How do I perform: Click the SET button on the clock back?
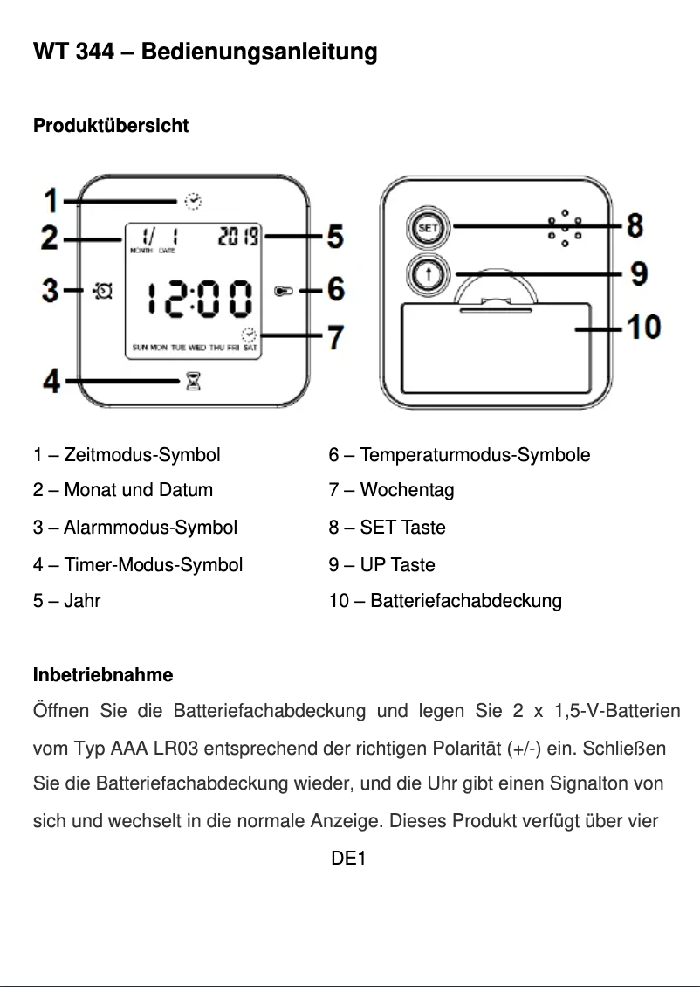pyautogui.click(x=427, y=228)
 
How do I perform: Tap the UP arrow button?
pyautogui.click(x=428, y=274)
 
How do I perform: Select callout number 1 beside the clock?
pyautogui.click(x=51, y=202)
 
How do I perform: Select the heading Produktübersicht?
pyautogui.click(x=111, y=126)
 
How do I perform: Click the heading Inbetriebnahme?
pyautogui.click(x=103, y=675)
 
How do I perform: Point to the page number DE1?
pyautogui.click(x=348, y=859)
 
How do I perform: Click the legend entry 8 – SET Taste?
pyautogui.click(x=387, y=528)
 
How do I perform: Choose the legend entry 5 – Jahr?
pyautogui.click(x=66, y=601)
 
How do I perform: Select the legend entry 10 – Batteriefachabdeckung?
pyautogui.click(x=445, y=601)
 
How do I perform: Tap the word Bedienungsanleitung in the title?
pyautogui.click(x=259, y=52)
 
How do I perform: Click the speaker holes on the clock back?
pyautogui.click(x=565, y=228)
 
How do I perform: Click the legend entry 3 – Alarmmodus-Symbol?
pyautogui.click(x=135, y=528)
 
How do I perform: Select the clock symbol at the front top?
pyautogui.click(x=193, y=202)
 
